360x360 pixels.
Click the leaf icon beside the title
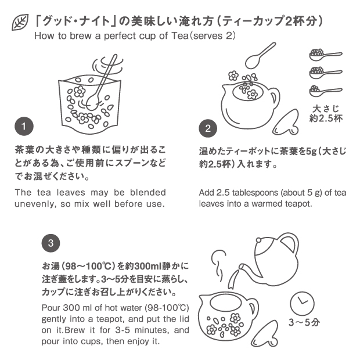20,22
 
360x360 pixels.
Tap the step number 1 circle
24,126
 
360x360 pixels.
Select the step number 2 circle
208,128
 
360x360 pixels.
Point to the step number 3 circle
51,243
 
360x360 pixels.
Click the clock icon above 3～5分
302,303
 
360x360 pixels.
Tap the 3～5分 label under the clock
304,322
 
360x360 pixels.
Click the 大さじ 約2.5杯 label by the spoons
326,113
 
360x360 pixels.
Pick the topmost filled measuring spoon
325,55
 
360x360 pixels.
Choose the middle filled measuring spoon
325,73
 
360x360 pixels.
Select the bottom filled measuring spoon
325,91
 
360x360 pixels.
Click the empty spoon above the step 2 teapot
259,56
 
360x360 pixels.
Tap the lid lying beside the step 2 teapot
286,122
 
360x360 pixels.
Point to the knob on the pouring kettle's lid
259,240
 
